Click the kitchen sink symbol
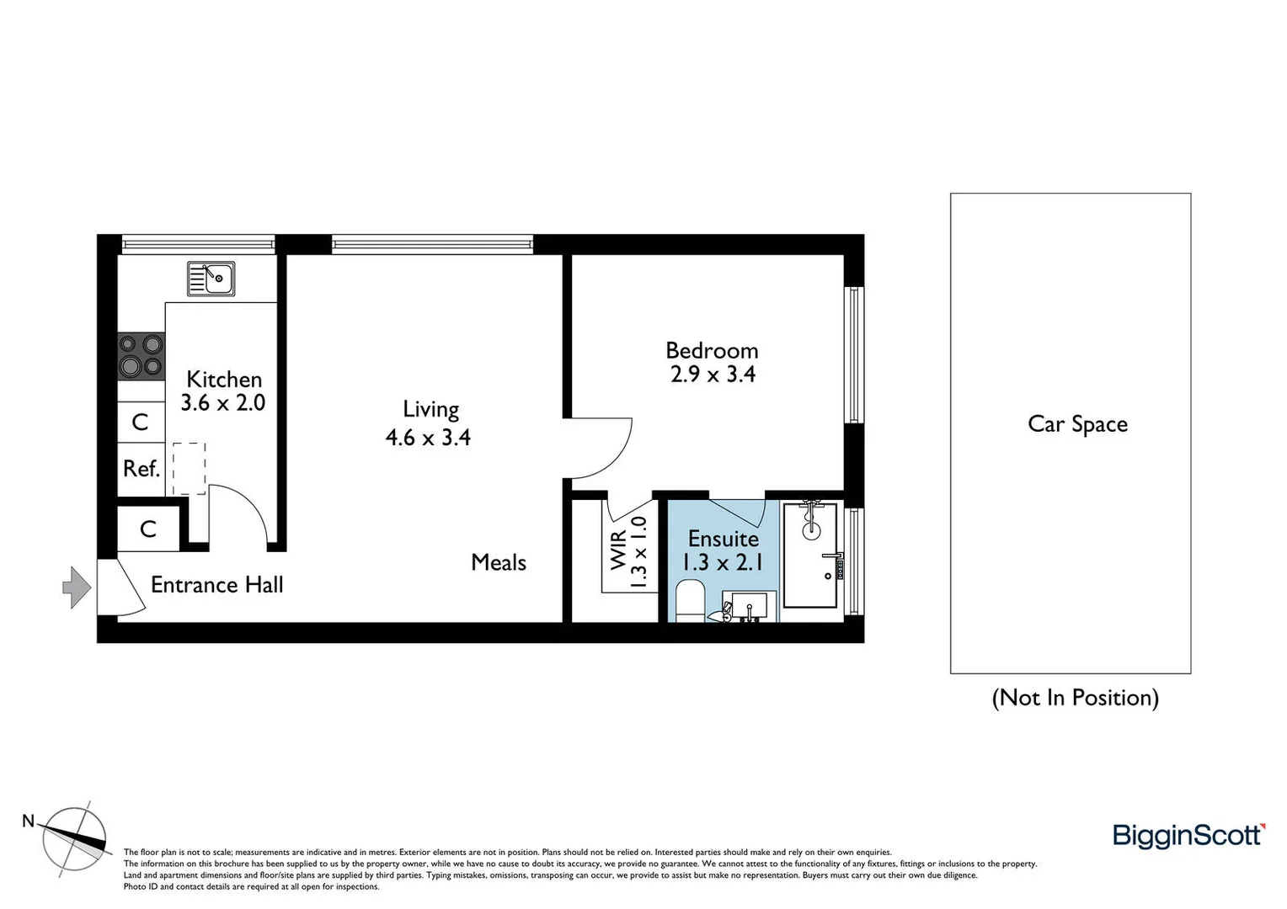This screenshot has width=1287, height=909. point(211,279)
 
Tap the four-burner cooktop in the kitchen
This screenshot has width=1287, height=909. point(141,355)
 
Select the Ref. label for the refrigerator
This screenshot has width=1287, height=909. point(142,469)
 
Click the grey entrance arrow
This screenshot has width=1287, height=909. point(77,587)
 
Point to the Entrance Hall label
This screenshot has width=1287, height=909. point(216,585)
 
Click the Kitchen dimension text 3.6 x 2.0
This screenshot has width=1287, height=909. point(223,403)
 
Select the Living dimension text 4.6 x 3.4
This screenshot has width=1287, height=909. point(428,438)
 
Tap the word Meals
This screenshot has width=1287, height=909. point(499,563)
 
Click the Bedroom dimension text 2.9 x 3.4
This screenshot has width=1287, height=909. point(713,375)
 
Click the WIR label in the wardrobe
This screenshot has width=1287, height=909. point(619,550)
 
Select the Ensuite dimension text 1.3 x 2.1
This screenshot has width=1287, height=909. point(723,562)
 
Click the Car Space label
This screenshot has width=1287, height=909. point(1077,424)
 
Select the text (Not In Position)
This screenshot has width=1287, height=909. point(1075,698)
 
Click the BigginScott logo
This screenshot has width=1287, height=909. point(1188,835)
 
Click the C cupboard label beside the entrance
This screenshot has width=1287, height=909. point(148,529)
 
